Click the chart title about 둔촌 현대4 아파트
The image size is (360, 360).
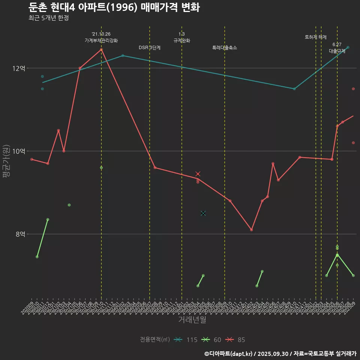114,7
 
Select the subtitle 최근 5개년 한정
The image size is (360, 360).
48,18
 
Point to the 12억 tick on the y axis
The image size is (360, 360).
19,68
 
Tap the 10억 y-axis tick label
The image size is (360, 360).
19,151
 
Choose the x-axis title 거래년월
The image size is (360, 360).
192,320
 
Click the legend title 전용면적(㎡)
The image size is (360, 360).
155,340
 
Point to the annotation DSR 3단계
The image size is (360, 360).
150,48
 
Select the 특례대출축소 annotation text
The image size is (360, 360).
225,48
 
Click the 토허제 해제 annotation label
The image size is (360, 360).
316,37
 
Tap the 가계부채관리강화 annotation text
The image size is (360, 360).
101,40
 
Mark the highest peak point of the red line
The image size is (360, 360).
101,49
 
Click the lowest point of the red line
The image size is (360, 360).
251,230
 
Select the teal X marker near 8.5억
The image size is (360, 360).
203,213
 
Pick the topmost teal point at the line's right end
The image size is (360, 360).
348,47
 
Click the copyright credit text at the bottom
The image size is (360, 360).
280,354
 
